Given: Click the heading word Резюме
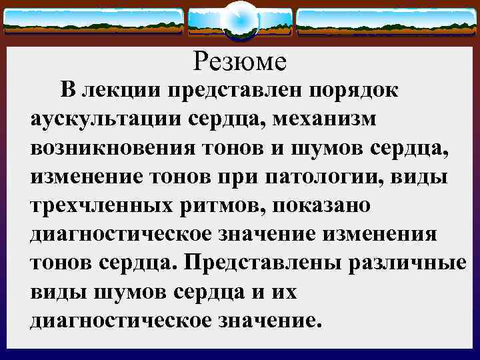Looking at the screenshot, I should tap(240, 62).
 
